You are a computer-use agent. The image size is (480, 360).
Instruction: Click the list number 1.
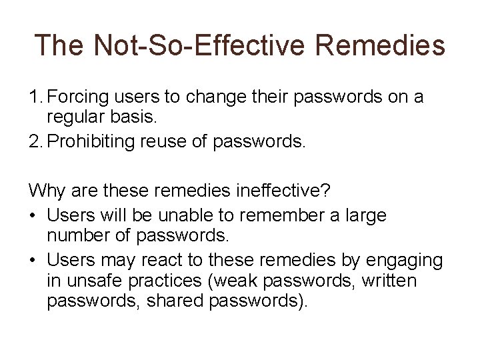pos(35,98)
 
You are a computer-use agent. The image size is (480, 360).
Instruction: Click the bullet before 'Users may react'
pos(33,259)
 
